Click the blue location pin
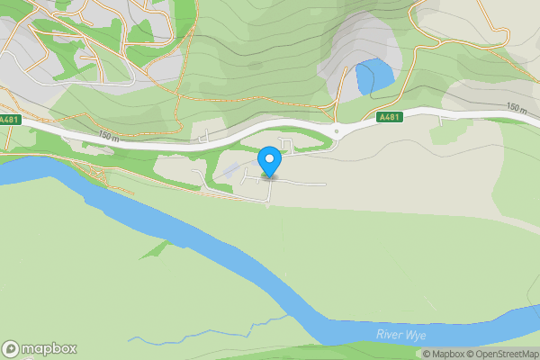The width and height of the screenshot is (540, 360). coord(269,162)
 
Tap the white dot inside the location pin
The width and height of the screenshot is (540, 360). coord(269,159)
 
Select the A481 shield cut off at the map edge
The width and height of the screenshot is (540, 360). coord(7,118)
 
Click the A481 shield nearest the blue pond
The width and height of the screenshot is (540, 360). coord(389,117)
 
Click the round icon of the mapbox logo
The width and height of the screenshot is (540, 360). coord(12,349)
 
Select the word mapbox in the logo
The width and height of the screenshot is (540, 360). coord(49,349)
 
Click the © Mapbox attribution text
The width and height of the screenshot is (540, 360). coord(442,354)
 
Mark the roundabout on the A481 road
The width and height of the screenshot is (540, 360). coord(335,132)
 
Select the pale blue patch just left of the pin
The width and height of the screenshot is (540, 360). coord(231,169)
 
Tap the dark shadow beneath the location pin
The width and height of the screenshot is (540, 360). coord(269,176)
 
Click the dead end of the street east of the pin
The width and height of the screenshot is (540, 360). coord(324,184)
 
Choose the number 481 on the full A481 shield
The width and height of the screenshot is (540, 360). coord(391,117)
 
